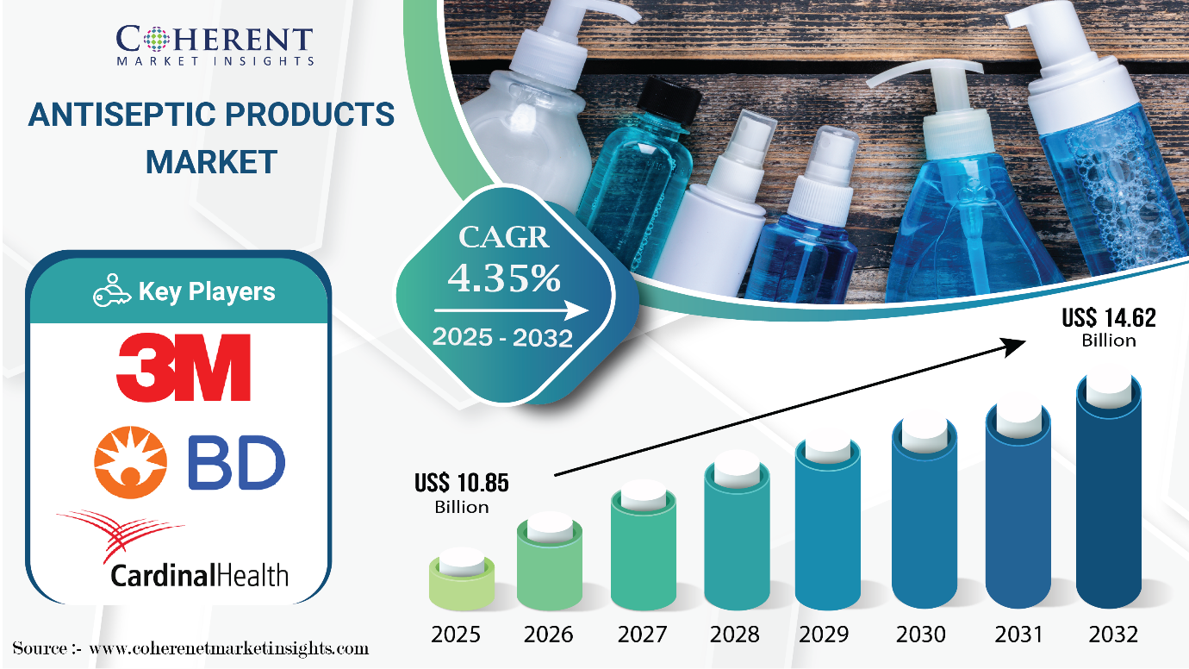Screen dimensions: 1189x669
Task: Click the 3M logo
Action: [184, 367]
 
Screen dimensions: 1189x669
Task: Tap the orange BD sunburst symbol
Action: [131, 462]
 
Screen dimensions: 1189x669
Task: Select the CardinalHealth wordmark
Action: [200, 576]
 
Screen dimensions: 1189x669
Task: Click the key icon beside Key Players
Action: [112, 291]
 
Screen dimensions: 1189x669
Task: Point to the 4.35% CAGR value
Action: [504, 278]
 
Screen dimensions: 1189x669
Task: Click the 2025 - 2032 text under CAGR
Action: [502, 338]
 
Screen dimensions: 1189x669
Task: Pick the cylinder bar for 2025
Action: [462, 580]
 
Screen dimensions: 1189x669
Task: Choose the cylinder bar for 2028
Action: [737, 537]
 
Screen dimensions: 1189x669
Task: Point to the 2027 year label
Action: [642, 635]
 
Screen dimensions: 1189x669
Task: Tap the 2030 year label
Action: [921, 635]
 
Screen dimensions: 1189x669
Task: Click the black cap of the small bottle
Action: [669, 99]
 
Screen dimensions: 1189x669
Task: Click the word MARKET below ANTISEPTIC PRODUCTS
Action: [211, 162]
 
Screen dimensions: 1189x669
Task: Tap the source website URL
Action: [229, 649]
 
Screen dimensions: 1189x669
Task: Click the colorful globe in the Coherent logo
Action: [157, 39]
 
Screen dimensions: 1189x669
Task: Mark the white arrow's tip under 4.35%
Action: [588, 311]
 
